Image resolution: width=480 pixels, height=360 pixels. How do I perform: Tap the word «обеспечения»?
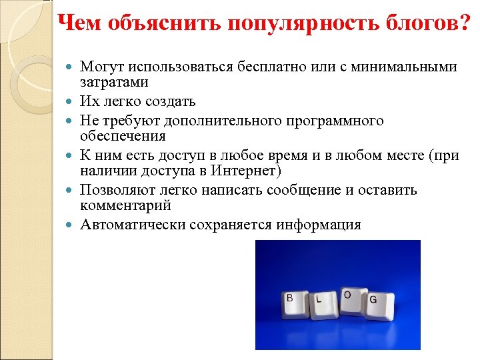[123, 135]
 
